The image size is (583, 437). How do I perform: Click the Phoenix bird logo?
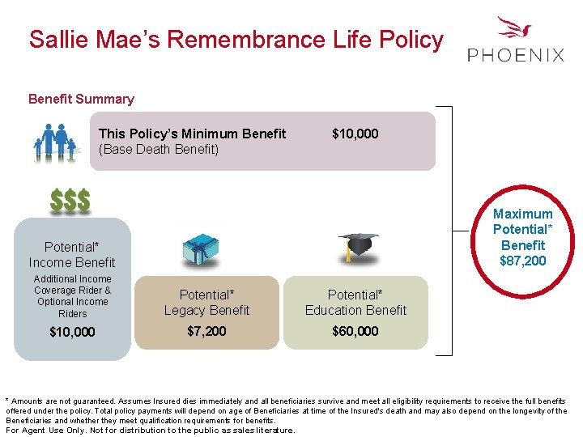[515, 29]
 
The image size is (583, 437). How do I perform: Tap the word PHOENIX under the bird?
[516, 55]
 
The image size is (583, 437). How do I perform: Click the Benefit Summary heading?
[81, 99]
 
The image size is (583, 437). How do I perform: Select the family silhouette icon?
[56, 141]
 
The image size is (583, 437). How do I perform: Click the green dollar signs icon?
[70, 201]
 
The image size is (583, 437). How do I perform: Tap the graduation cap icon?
[357, 245]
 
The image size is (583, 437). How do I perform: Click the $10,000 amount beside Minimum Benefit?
[355, 134]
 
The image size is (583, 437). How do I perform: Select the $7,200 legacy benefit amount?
[206, 331]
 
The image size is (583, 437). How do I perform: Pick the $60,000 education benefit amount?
[355, 331]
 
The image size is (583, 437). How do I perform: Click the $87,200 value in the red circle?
[523, 261]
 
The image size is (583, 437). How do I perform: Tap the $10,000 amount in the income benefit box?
[72, 332]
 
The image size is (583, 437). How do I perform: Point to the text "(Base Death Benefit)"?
[159, 150]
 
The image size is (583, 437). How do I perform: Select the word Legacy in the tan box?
[185, 310]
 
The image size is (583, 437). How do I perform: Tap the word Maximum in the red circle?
[523, 214]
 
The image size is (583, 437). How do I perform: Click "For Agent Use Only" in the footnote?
[44, 430]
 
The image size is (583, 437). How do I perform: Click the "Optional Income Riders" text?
[72, 308]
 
